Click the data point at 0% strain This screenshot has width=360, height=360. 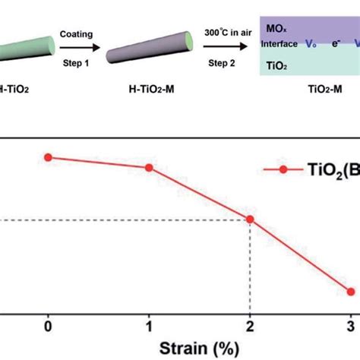[x=48, y=157]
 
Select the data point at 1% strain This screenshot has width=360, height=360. [x=149, y=167]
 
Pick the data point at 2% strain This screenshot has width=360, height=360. [x=250, y=220]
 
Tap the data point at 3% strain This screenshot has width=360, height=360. [x=350, y=291]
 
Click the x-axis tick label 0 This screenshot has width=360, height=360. [x=48, y=326]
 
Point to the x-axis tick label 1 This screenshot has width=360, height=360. [x=149, y=326]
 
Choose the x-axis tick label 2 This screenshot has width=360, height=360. [x=250, y=326]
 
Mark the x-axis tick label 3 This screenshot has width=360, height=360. [x=350, y=326]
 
